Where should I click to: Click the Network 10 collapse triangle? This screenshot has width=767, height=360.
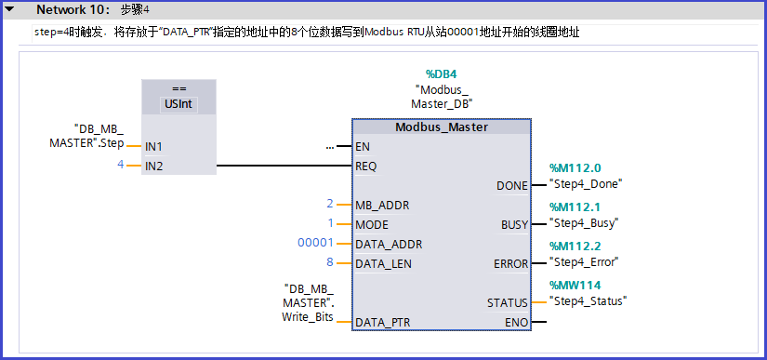click(x=9, y=9)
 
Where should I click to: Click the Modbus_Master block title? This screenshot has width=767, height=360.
click(x=441, y=127)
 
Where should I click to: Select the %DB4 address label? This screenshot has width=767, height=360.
click(x=442, y=73)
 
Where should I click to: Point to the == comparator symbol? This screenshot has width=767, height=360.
click(x=179, y=89)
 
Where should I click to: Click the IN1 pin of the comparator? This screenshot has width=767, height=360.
click(x=153, y=147)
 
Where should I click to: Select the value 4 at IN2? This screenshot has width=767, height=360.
click(x=120, y=165)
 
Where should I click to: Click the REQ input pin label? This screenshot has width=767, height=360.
click(x=366, y=167)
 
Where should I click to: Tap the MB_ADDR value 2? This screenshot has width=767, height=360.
click(x=329, y=204)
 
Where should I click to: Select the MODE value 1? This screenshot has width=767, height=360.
click(x=329, y=223)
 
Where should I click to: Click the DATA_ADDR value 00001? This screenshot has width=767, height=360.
click(x=315, y=244)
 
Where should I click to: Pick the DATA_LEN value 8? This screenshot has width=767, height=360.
click(x=329, y=263)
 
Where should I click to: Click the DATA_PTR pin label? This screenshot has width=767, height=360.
click(x=383, y=322)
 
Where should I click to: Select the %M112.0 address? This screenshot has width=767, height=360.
click(x=575, y=168)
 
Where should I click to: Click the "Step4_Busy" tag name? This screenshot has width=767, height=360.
click(x=584, y=223)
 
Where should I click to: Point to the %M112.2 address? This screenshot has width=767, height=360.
click(x=575, y=247)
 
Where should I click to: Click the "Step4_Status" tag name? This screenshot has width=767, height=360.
click(x=588, y=300)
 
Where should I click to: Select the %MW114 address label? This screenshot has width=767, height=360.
click(x=576, y=286)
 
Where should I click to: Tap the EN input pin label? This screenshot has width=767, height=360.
click(x=363, y=146)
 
